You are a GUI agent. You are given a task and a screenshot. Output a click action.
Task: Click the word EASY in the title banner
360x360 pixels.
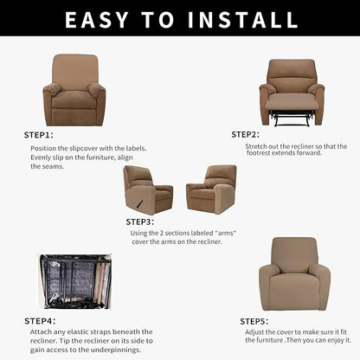point(96,20)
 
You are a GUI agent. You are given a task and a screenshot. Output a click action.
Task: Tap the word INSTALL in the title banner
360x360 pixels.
point(242,20)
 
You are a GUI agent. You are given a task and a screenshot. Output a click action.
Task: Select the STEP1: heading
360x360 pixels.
point(39,135)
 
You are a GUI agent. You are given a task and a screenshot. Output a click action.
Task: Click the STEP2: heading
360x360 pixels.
point(246,134)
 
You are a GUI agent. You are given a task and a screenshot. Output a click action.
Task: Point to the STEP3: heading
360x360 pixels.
point(140,222)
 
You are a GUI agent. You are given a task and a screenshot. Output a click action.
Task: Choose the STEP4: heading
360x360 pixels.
point(40,321)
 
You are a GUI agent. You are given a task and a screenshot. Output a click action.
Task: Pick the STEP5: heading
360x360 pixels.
point(254,321)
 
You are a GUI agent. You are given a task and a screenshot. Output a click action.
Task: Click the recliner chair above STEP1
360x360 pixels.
point(74,90)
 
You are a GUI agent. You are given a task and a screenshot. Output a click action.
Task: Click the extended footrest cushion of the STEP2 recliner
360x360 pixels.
point(292,102)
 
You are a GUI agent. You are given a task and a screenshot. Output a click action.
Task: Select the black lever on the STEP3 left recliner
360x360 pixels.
point(140,202)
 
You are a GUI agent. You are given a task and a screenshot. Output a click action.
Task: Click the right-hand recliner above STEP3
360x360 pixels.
point(212,190)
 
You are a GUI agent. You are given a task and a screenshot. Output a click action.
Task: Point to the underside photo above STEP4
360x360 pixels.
point(74,281)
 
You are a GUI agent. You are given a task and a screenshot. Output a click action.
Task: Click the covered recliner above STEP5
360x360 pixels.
point(294,274)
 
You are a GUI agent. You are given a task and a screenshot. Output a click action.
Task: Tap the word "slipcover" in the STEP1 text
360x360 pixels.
point(83,148)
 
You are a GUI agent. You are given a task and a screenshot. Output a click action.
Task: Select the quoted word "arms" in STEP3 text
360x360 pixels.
point(225,233)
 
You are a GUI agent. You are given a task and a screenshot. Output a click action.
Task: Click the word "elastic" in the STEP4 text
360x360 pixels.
point(80,331)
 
